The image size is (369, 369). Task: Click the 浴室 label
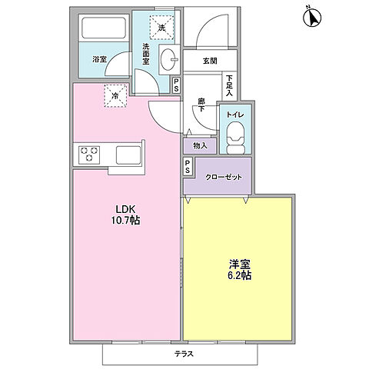(x=100, y=58)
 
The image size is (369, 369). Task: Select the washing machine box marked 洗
(x=161, y=27)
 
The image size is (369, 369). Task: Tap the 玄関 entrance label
(x=211, y=61)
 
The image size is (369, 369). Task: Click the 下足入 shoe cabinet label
(x=229, y=83)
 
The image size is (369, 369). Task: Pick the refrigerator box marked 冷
(x=114, y=96)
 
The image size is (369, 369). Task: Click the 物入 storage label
(x=200, y=144)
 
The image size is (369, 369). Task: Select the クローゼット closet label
(x=222, y=177)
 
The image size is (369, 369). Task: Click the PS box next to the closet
(x=188, y=166)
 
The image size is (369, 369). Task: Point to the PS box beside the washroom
(x=177, y=85)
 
